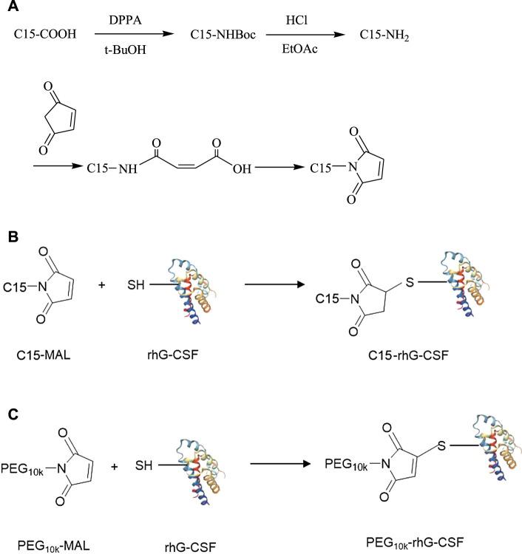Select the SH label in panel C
pos(145,467)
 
